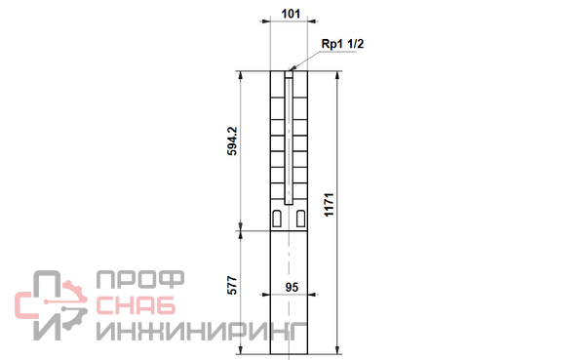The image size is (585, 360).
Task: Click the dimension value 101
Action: tap(291, 14)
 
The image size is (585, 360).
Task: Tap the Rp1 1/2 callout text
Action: tap(342, 44)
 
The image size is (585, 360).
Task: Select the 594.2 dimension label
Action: tap(232, 141)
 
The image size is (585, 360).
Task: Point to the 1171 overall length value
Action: tap(329, 205)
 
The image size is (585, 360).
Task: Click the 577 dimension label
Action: tap(232, 285)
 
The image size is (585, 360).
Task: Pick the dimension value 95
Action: tap(292, 287)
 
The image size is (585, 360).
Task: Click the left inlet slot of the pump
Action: tap(277, 219)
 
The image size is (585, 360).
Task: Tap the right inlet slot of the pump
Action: tap(300, 219)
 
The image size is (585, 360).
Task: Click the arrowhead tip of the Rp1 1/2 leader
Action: tap(290, 70)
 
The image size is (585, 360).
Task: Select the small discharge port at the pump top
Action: tap(289, 74)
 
